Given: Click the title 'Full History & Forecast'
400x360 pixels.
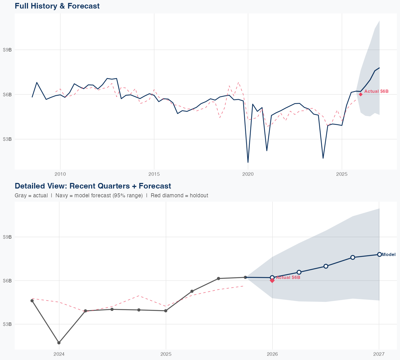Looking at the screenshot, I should pos(57,6).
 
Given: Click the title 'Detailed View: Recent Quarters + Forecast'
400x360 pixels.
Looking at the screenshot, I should pos(93,186).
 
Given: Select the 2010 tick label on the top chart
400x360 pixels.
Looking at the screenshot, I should pos(60,174).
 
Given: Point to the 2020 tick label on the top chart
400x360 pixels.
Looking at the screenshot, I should pos(248,174).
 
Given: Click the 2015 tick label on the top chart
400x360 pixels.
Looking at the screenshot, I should pos(154,174).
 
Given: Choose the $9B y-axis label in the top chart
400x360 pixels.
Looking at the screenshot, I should pos(7,50).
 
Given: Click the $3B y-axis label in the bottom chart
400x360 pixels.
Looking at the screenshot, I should pos(7,324).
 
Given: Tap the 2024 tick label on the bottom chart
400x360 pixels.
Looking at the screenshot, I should pos(59,354).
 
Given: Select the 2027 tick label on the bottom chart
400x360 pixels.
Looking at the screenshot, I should pos(379,354).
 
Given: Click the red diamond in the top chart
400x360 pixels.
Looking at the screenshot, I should pos(361,94).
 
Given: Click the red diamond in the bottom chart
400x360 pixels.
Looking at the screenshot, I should pos(272,281).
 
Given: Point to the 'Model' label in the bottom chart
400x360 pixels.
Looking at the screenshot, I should pos(389,255).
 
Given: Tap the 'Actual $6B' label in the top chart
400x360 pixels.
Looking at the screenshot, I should pos(376,91).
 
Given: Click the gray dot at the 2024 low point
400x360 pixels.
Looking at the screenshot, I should pos(59,343).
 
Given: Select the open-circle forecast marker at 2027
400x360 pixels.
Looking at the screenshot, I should pos(379,254).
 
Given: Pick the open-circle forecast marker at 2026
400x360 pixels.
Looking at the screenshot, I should pos(272,277).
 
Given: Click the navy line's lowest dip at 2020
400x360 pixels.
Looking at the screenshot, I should pos(248,162).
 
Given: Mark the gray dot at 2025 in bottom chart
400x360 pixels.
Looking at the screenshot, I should pos(166,311).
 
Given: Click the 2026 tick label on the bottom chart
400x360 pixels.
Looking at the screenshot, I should pos(272,354).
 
